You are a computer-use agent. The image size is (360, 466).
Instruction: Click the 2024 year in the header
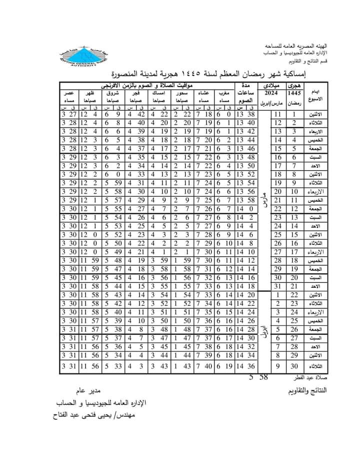pos(271,94)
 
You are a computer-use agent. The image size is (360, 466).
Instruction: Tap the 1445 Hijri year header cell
pos(294,94)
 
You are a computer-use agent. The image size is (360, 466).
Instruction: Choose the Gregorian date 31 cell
pos(277,286)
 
